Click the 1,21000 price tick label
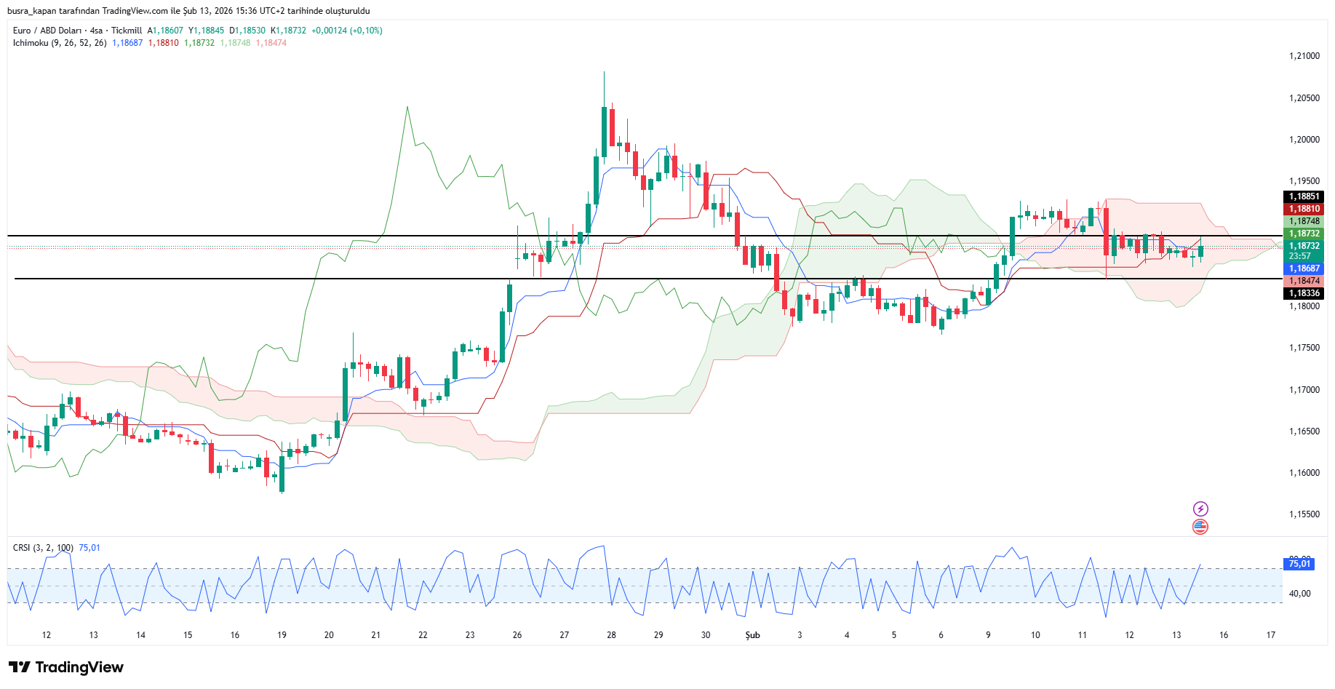tap(1304, 56)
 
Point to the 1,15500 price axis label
tap(1304, 514)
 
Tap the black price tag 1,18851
tap(1304, 196)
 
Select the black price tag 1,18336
tap(1304, 293)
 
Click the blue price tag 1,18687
tap(1304, 268)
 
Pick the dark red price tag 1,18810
tap(1304, 209)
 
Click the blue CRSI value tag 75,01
tap(1299, 564)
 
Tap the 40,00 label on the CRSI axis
tap(1299, 594)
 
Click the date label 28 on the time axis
tap(611, 635)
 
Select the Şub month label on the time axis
tap(752, 635)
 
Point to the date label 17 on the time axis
tap(1270, 635)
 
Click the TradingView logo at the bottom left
tap(66, 667)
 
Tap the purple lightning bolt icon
tap(1200, 509)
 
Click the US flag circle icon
tap(1200, 526)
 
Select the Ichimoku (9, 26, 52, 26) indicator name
tap(60, 43)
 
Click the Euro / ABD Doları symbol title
tap(47, 31)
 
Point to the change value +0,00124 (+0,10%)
tap(346, 31)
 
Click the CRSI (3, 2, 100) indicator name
tap(43, 548)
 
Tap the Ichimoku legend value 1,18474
tap(271, 43)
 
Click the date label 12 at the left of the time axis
tap(47, 635)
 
